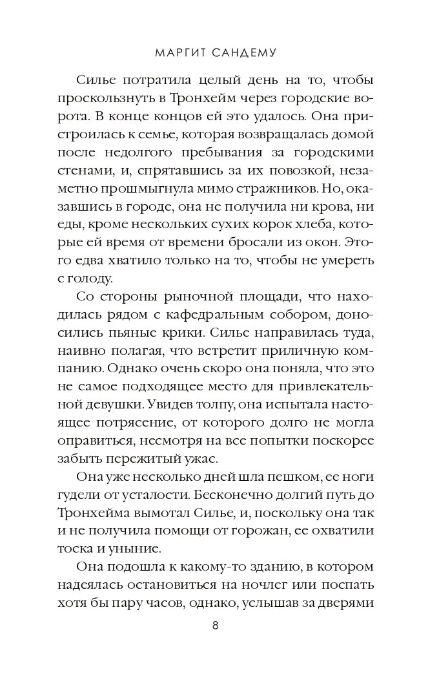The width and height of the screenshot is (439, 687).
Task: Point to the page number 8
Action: click(x=216, y=625)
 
